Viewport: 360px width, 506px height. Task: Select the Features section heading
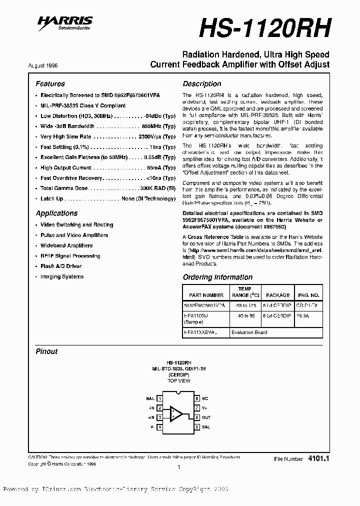(x=50, y=84)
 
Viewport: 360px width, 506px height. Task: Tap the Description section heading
(x=201, y=84)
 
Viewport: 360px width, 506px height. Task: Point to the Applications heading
(x=56, y=213)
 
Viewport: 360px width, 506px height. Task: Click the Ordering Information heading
(x=217, y=277)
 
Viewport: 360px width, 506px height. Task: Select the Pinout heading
(x=46, y=351)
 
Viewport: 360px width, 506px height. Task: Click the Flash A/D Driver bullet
(x=61, y=266)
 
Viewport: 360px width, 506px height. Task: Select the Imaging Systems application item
(x=62, y=276)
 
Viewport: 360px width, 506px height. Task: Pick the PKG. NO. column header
(x=308, y=295)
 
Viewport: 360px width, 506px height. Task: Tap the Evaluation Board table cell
(x=249, y=332)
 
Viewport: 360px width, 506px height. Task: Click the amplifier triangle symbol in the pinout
(x=176, y=413)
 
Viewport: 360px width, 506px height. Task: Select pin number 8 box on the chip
(x=197, y=398)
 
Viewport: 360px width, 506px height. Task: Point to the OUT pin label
(x=206, y=417)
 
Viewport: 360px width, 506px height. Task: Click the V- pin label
(x=151, y=427)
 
